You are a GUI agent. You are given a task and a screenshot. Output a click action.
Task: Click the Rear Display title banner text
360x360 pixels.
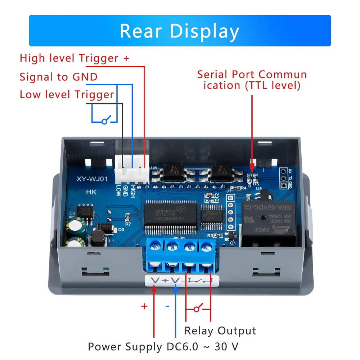[x=179, y=31]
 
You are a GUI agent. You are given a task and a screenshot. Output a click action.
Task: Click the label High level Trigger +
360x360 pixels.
[x=74, y=58]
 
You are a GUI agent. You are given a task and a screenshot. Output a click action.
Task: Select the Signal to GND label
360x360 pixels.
[x=59, y=77]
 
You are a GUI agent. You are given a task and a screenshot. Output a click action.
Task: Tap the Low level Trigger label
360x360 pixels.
[x=67, y=95]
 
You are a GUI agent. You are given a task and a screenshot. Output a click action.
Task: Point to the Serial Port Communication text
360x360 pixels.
[x=252, y=80]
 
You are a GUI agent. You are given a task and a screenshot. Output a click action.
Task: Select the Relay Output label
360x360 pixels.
[x=220, y=330]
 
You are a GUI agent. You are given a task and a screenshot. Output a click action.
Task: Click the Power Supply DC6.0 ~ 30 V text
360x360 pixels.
[x=163, y=347]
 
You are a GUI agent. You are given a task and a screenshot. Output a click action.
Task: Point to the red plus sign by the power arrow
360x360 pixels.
[x=144, y=306]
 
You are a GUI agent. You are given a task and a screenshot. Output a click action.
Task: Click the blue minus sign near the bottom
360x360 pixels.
[x=167, y=306]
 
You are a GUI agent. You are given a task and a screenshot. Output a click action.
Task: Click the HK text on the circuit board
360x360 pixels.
[x=90, y=192]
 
